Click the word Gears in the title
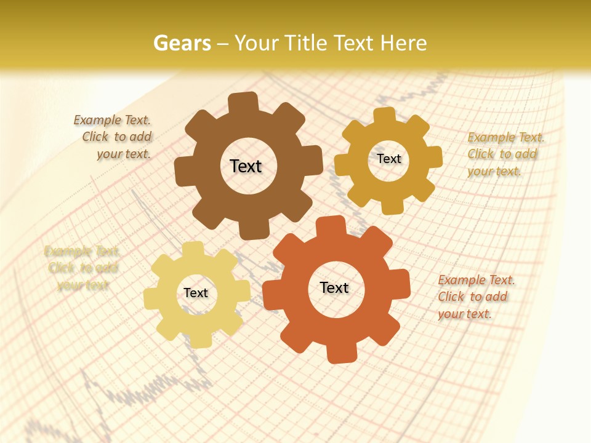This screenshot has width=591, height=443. coord(182,43)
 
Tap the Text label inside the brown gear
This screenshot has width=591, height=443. coord(246,166)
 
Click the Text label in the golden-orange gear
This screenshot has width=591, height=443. coord(388,159)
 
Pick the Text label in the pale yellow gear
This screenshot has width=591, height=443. coord(196,293)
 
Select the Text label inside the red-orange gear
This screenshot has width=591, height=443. coord(334,287)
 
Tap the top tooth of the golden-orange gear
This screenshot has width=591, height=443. coord(385,115)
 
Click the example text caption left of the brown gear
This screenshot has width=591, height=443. coord(113,137)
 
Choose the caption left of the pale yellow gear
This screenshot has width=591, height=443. coord(81,268)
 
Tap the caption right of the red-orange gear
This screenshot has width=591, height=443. coord(475,297)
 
